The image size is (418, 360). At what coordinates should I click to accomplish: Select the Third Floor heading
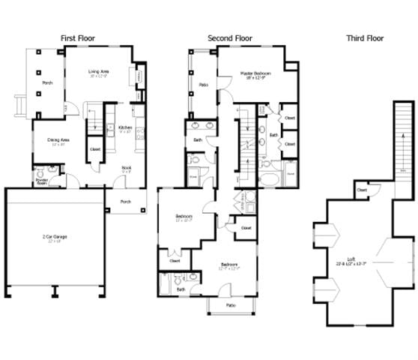pos(365,38)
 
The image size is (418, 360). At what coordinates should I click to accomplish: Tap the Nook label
pos(127,168)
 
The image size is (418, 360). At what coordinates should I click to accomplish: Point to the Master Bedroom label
pos(255,73)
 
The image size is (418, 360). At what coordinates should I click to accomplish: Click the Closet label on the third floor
pos(362,190)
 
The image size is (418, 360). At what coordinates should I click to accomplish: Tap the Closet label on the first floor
pos(95,149)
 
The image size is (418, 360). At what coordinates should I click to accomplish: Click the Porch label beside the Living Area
pos(46,83)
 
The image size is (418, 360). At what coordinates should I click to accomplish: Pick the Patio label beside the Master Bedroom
pos(202,85)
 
